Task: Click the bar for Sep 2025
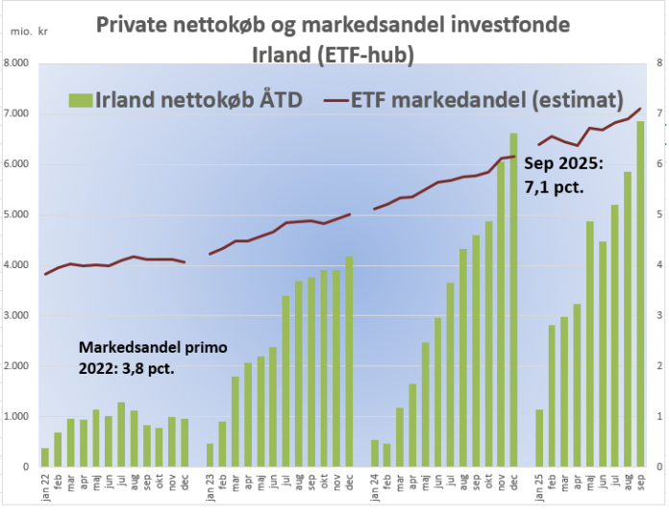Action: tap(640, 294)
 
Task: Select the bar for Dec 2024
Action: tap(513, 300)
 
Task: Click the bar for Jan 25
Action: tap(538, 438)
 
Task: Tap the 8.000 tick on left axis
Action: tap(17, 63)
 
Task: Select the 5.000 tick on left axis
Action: tap(17, 214)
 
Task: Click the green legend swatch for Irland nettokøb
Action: tap(80, 99)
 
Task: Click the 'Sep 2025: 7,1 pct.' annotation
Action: tap(563, 176)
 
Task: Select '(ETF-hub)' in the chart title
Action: tap(369, 56)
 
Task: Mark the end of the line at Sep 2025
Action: tap(640, 109)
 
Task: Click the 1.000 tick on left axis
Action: tap(17, 416)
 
